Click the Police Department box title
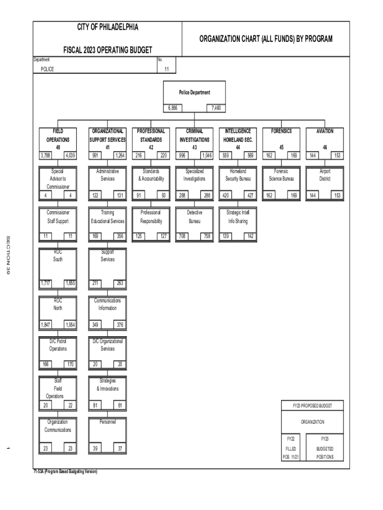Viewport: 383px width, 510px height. click(194, 92)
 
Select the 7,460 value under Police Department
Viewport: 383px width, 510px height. click(216, 108)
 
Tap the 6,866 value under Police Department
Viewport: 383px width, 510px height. click(173, 108)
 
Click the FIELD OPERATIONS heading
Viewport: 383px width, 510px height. click(58, 135)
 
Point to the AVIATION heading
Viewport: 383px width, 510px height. click(325, 131)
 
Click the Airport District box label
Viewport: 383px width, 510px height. click(325, 174)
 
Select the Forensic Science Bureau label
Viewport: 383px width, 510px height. click(282, 174)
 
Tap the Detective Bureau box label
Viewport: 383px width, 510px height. click(194, 217)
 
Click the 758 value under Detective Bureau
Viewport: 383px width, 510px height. click(205, 237)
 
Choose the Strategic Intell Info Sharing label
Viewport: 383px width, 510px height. click(238, 217)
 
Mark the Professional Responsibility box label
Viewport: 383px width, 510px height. click(151, 217)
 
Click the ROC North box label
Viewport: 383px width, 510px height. click(58, 304)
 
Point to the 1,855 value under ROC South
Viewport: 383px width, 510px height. click(70, 283)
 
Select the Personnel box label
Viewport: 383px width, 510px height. click(107, 422)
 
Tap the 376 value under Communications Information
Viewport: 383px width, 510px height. click(120, 325)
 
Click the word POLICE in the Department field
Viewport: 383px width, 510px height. click(48, 69)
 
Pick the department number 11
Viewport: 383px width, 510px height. click(167, 69)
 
